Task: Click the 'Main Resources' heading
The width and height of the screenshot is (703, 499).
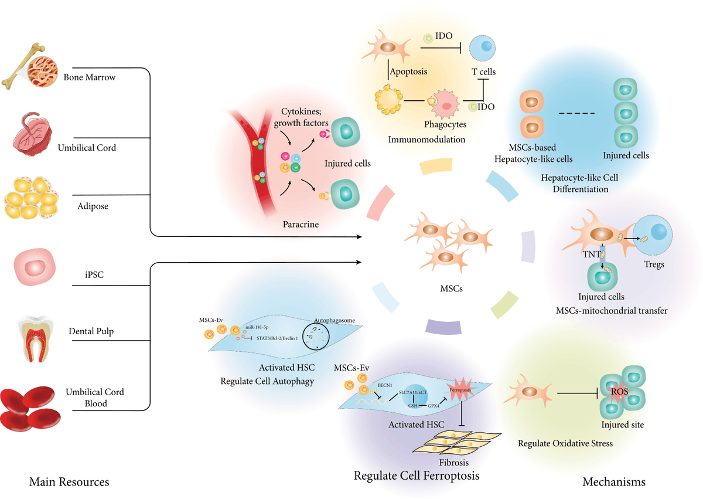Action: tap(69, 482)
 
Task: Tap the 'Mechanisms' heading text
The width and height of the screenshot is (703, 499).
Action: tap(613, 482)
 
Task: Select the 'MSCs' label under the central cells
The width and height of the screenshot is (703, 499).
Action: tap(451, 289)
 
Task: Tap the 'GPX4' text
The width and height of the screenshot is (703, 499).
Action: tap(435, 405)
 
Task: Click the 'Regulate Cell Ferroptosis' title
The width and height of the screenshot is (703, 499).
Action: tap(417, 475)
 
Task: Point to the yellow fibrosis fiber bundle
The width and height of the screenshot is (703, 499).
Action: tap(456, 444)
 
